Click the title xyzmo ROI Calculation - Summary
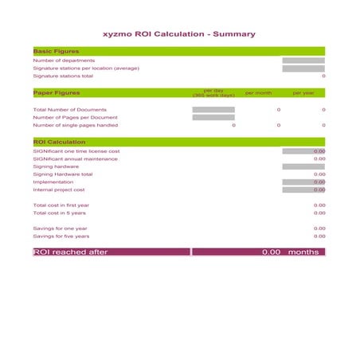[179, 34]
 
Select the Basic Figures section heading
[56, 51]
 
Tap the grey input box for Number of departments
[303, 61]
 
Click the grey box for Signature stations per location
[303, 68]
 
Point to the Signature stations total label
[63, 76]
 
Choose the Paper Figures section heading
[57, 93]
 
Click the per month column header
[258, 93]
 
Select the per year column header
[303, 93]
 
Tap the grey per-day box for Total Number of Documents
[213, 110]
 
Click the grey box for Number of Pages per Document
[213, 118]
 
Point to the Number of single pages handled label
[75, 125]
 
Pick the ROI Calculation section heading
[59, 142]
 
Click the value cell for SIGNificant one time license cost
[303, 151]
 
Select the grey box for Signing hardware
[303, 166]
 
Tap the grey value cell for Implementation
[303, 182]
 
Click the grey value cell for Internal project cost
[303, 190]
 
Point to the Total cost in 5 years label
[59, 213]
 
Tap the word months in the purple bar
[303, 252]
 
